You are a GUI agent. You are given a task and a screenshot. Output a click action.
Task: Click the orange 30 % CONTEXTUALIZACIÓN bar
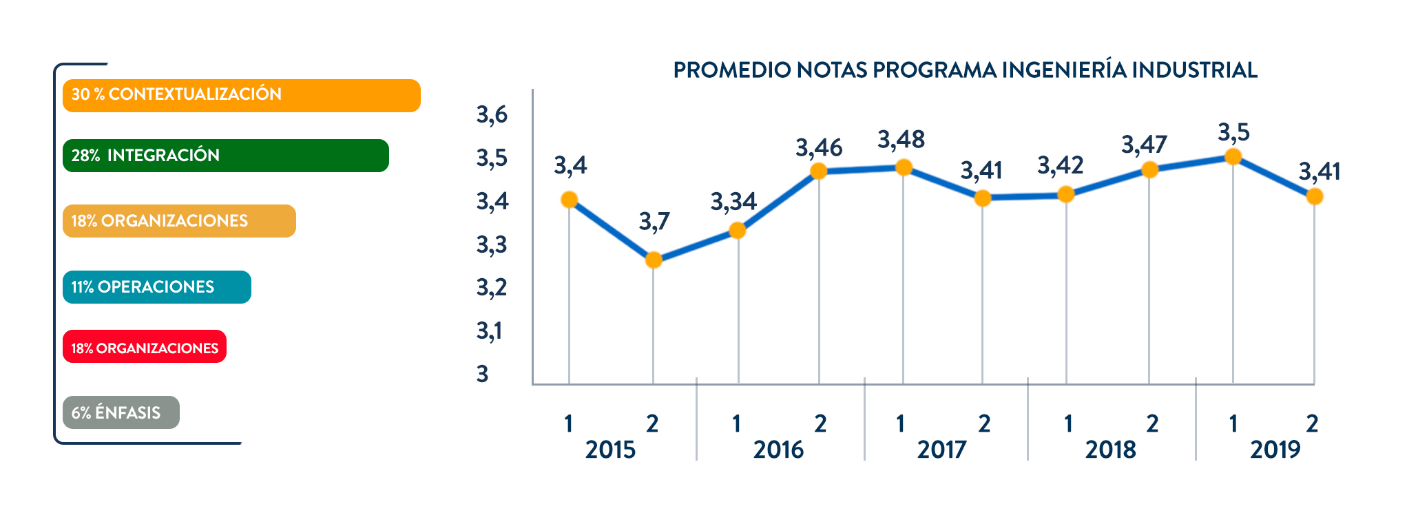(241, 95)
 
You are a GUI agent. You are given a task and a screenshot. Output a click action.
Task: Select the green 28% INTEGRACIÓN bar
(225, 156)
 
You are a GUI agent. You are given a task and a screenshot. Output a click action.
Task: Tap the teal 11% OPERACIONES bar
(156, 287)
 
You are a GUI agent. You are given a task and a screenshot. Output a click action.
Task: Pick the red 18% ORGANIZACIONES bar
(144, 347)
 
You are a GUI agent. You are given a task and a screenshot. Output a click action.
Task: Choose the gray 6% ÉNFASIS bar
(121, 412)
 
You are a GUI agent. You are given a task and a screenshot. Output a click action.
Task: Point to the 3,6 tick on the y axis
(492, 115)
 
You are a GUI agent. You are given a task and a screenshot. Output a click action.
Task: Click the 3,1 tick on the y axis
(490, 331)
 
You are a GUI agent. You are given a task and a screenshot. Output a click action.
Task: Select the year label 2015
(610, 450)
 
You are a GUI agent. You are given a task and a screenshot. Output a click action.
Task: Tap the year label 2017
(941, 450)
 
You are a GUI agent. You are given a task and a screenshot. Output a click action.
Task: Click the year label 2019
(1275, 450)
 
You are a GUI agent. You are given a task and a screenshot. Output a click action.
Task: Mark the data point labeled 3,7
(653, 260)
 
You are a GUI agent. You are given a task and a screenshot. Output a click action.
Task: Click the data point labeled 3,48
(903, 167)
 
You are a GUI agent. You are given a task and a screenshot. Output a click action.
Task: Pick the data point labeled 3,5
(1233, 157)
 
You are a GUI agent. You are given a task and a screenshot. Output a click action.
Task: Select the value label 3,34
(733, 202)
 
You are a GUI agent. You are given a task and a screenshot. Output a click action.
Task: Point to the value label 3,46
(819, 148)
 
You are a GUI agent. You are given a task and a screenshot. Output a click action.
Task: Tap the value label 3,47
(1144, 145)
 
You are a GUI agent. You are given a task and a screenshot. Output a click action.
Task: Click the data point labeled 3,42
(1065, 195)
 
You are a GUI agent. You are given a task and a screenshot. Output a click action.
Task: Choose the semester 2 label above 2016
(820, 423)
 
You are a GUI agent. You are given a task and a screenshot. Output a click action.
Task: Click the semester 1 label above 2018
(1068, 423)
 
